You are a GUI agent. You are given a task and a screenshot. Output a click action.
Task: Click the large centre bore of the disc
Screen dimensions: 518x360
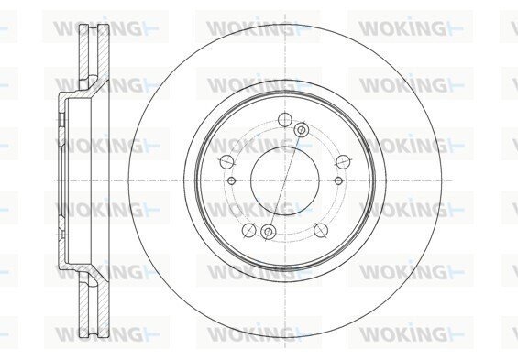pyautogui.click(x=285, y=180)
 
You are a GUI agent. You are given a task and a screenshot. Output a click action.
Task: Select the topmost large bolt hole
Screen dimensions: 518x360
pyautogui.click(x=285, y=119)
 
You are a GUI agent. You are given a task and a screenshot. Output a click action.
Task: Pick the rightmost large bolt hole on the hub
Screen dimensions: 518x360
pyautogui.click(x=343, y=161)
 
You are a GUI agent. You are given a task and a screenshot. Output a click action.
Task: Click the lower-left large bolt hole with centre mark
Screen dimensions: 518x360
pyautogui.click(x=249, y=230)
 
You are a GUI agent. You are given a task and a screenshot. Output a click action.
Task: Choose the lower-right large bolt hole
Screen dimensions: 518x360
pyautogui.click(x=321, y=230)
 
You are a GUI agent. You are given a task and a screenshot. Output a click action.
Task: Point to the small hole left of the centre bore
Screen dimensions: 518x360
pyautogui.click(x=232, y=180)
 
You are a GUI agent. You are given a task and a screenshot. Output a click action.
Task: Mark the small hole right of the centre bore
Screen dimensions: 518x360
pyautogui.click(x=338, y=180)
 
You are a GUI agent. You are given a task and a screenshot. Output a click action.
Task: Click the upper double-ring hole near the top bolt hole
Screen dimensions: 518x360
pyautogui.click(x=302, y=130)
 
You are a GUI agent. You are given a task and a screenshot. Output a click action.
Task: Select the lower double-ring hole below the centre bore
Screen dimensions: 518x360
pyautogui.click(x=269, y=232)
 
